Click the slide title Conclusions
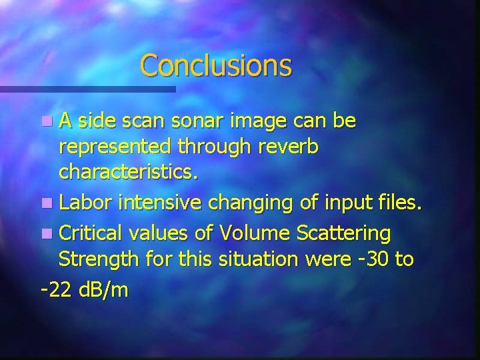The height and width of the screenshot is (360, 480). (x=216, y=65)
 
